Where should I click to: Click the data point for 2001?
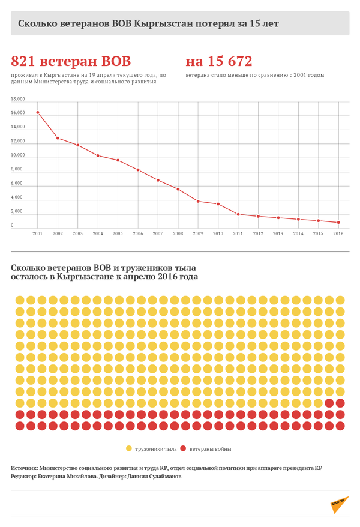pyautogui.click(x=38, y=112)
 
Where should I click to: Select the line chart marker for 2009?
pyautogui.click(x=198, y=201)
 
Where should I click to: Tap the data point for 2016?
pyautogui.click(x=339, y=222)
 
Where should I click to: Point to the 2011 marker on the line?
pyautogui.click(x=238, y=214)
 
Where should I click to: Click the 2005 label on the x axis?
pyautogui.click(x=118, y=233)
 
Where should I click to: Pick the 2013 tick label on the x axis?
pyautogui.click(x=278, y=233)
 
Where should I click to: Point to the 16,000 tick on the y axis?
pyautogui.click(x=18, y=113)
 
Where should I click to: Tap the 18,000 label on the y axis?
pyautogui.click(x=18, y=99)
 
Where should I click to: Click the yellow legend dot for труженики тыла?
pyautogui.click(x=129, y=448)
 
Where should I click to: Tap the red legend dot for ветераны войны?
pyautogui.click(x=184, y=448)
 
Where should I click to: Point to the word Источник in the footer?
pyautogui.click(x=25, y=468)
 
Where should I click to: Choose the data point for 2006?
pyautogui.click(x=138, y=170)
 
